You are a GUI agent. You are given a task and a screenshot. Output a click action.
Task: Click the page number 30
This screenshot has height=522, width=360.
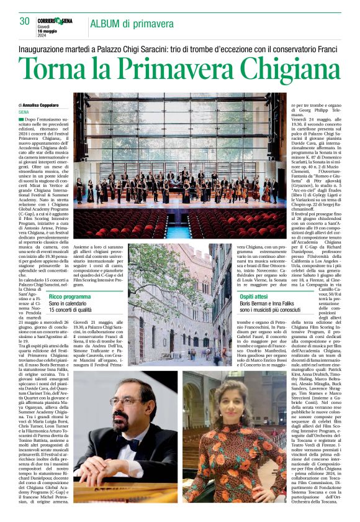pyautogui.click(x=24, y=21)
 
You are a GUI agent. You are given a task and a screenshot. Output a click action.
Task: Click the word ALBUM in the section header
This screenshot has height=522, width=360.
pyautogui.click(x=107, y=23)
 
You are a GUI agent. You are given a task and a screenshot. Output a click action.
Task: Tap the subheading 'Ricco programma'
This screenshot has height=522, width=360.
pyautogui.click(x=70, y=297)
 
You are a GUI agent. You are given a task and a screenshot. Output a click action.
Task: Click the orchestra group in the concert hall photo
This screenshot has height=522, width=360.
pyautogui.click(x=177, y=186)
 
